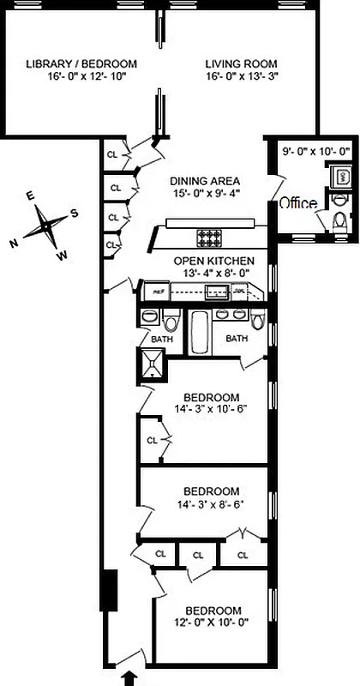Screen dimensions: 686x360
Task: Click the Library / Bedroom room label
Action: click(81, 64)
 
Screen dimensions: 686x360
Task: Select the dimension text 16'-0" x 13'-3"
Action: click(242, 76)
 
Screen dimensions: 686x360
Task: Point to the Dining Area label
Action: click(204, 181)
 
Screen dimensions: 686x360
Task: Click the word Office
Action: click(297, 203)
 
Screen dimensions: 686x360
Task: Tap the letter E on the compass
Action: click(31, 196)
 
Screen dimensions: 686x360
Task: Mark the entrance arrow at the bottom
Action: click(129, 677)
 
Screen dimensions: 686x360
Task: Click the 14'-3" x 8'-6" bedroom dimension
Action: click(211, 504)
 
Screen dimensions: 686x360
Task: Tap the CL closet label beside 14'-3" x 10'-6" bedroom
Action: click(152, 440)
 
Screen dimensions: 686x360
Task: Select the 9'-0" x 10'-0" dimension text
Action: click(316, 152)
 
